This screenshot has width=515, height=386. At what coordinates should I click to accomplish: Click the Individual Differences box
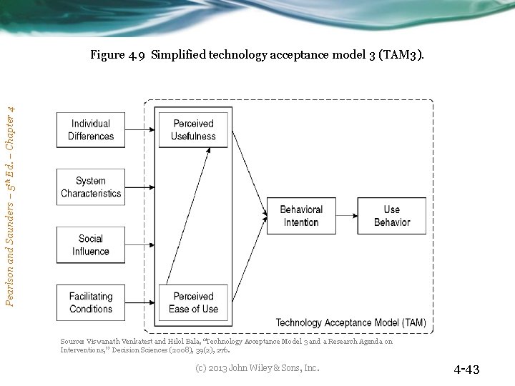[91, 130]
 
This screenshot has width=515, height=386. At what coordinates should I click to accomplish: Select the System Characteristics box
[91, 187]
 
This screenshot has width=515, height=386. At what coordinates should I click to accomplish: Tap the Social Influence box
[91, 245]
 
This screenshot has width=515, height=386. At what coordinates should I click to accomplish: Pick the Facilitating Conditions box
[91, 302]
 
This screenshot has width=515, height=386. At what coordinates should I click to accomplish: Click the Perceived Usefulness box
[193, 130]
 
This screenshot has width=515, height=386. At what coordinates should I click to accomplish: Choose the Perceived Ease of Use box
[193, 302]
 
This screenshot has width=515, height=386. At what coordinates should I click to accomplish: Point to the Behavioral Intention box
[300, 216]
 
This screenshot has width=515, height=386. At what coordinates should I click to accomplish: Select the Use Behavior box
[391, 216]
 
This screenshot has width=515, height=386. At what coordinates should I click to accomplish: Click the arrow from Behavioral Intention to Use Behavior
[346, 216]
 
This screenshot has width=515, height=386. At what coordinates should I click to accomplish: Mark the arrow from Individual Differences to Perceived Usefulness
[141, 130]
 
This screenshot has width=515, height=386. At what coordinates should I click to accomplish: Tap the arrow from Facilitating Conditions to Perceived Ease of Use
[141, 302]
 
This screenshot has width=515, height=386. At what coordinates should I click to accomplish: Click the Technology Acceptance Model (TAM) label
[350, 323]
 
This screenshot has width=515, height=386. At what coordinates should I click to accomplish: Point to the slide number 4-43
[466, 370]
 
